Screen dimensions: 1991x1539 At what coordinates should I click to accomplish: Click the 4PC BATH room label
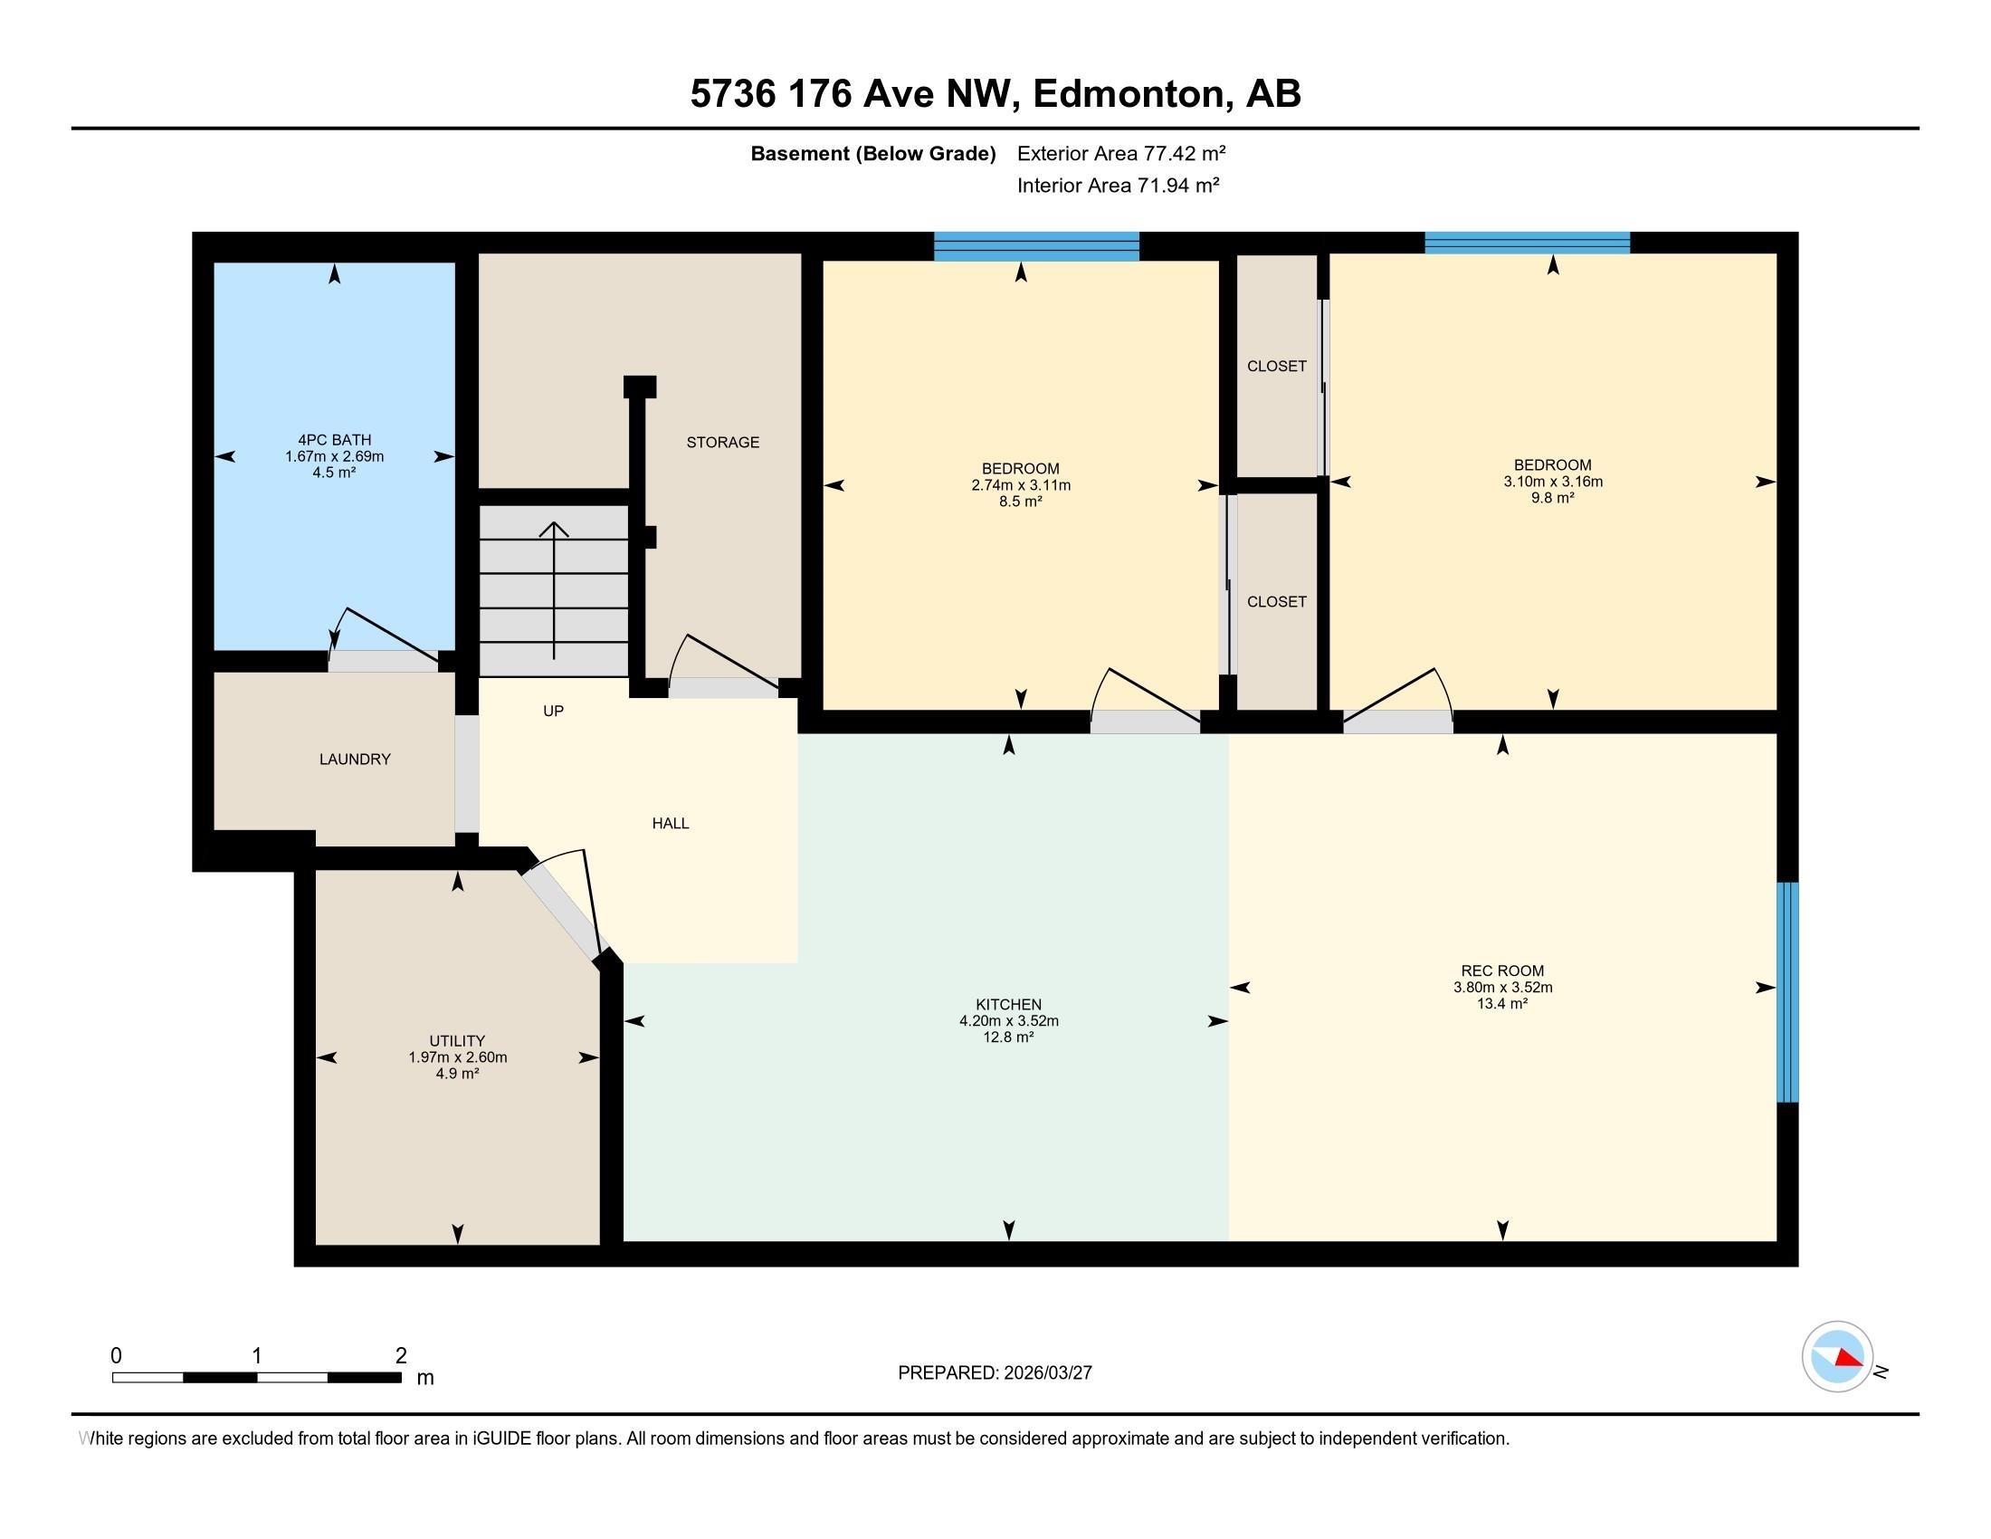335,440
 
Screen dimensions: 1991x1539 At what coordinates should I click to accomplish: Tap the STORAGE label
723,442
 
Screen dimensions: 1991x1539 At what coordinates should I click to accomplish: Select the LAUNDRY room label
355,760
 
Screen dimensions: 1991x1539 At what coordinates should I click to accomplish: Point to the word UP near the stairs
553,712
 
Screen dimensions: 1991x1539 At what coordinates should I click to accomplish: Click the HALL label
670,823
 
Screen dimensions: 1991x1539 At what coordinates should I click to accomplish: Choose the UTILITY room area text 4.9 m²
458,1074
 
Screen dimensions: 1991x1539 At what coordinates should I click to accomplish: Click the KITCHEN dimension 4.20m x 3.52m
1009,1021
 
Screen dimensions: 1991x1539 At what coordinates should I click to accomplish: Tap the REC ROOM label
1502,971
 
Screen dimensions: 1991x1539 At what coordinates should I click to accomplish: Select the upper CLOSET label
1276,367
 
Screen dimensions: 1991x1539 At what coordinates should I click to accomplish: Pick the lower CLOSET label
1276,602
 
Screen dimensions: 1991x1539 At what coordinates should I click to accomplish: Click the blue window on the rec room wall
1788,992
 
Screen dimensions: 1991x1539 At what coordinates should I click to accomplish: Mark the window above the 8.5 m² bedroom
1036,246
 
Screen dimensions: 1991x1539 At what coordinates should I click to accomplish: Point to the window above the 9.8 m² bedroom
1527,243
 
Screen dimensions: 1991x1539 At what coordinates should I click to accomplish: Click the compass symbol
1837,1357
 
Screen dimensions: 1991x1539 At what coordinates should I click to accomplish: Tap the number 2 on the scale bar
401,1356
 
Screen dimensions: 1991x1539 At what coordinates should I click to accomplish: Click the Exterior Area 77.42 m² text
1121,153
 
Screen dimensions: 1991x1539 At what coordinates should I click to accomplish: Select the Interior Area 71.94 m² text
1119,185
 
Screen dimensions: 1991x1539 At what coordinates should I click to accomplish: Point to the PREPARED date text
995,1373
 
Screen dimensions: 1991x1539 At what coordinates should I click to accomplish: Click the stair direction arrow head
554,529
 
